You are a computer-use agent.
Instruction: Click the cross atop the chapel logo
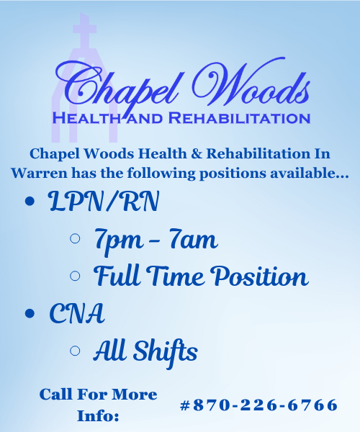[x=84, y=30]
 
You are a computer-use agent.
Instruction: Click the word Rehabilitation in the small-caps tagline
[x=239, y=118]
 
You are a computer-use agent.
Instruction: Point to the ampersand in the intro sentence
[x=197, y=153]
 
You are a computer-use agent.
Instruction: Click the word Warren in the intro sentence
[x=39, y=174]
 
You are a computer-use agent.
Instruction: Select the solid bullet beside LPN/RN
[x=30, y=201]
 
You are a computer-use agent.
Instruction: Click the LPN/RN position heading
[x=104, y=201]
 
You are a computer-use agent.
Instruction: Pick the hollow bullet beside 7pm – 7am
[x=75, y=238]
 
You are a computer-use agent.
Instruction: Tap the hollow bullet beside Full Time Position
[x=75, y=276]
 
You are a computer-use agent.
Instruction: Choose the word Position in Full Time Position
[x=259, y=276]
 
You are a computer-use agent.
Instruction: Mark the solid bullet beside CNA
[x=30, y=313]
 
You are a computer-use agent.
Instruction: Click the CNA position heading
[x=77, y=313]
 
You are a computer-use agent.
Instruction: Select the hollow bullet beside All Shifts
[x=75, y=351]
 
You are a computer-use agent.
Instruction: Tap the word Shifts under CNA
[x=166, y=352]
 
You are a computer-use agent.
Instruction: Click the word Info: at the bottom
[x=98, y=415]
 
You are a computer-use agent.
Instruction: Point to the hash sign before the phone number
[x=185, y=405]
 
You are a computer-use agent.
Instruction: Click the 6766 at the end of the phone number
[x=312, y=405]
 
